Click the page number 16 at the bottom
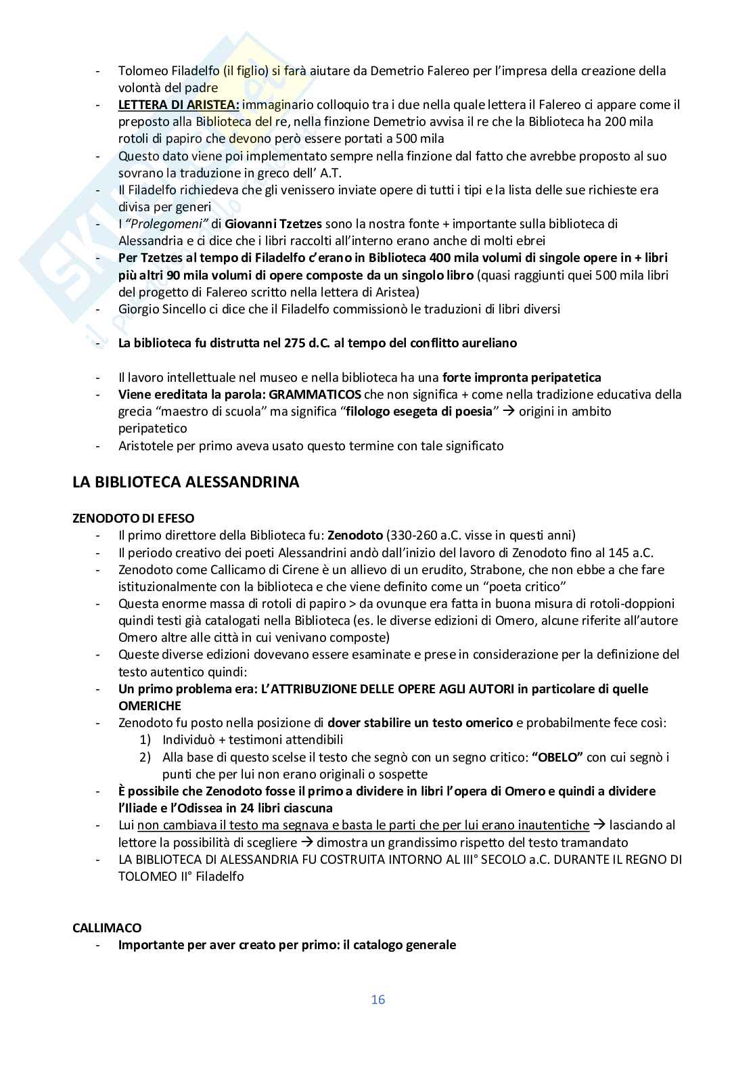point(377,999)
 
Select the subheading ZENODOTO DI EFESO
point(133,518)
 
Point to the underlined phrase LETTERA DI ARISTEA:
point(179,104)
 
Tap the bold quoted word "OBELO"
point(557,757)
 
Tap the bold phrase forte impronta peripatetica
point(522,377)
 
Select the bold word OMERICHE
point(150,705)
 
